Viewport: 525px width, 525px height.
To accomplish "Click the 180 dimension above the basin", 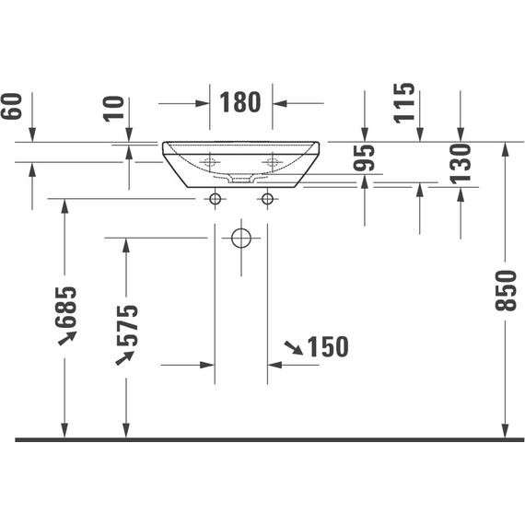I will point(240,102).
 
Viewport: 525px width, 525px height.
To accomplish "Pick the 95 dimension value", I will point(366,158).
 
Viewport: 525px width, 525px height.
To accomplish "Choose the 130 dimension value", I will point(461,162).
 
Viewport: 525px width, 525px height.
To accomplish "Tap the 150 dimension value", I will point(328,347).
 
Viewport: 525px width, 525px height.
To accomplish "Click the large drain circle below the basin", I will point(241,239).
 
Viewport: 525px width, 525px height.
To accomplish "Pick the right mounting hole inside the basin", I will point(272,162).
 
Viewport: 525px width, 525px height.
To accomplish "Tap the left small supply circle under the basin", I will point(215,198).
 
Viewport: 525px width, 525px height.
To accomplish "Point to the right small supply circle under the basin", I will point(268,198).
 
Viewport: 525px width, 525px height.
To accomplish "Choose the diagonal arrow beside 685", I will point(65,340).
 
